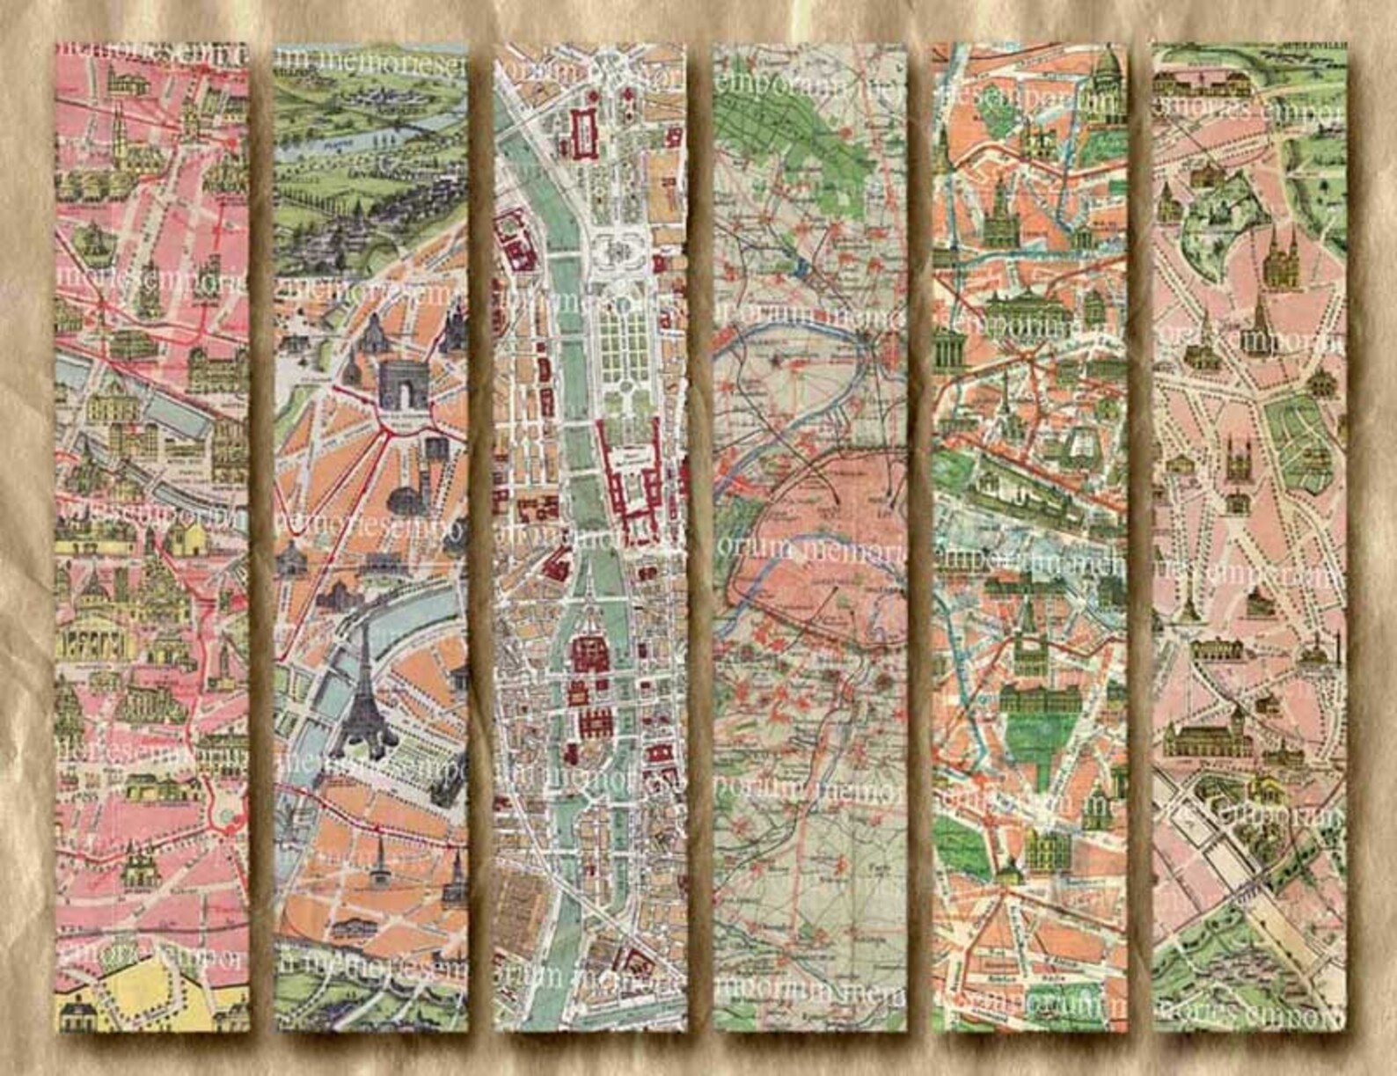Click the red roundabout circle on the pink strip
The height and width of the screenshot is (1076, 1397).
pyautogui.click(x=228, y=818)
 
